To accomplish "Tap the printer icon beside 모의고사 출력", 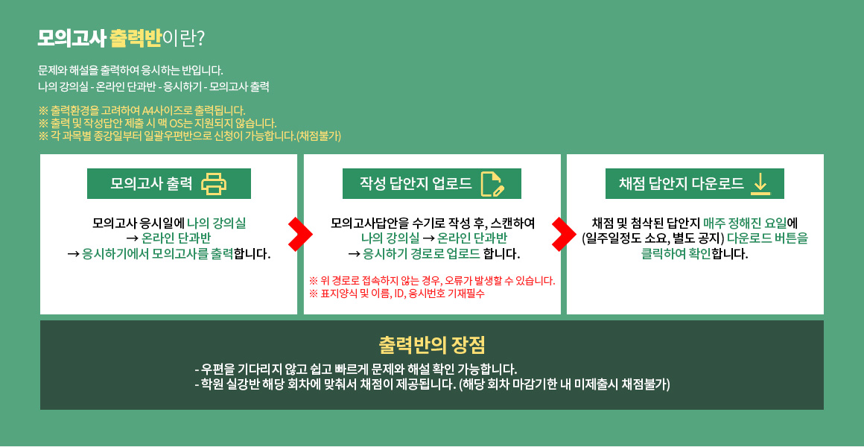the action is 213,184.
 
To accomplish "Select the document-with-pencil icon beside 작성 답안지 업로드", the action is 492,184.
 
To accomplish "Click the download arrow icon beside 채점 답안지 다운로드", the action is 760,184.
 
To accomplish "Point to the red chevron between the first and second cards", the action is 300,234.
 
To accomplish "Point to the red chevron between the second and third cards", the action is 564,234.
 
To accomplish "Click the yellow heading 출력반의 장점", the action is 432,346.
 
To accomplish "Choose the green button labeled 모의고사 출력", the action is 168,183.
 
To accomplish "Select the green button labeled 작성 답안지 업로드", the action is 431,183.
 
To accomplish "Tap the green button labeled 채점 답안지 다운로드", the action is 695,183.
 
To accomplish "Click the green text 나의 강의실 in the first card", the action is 217,223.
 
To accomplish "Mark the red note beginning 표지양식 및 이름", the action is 397,294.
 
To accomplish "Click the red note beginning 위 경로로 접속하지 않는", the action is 432,281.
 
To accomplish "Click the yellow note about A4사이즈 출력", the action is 142,110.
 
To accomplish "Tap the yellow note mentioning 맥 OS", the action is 158,122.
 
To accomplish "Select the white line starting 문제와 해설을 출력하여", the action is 130,71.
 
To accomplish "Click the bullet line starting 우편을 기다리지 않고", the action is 356,369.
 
